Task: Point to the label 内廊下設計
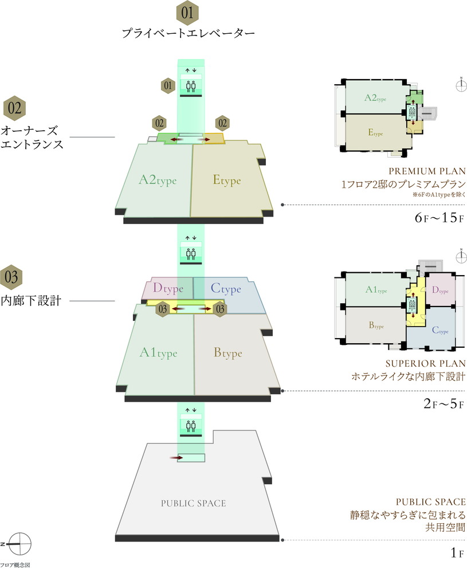click(x=33, y=301)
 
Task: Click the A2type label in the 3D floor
click(x=158, y=180)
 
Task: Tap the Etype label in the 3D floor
click(x=227, y=180)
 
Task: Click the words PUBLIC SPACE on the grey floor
click(x=193, y=504)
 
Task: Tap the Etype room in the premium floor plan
click(x=375, y=133)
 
